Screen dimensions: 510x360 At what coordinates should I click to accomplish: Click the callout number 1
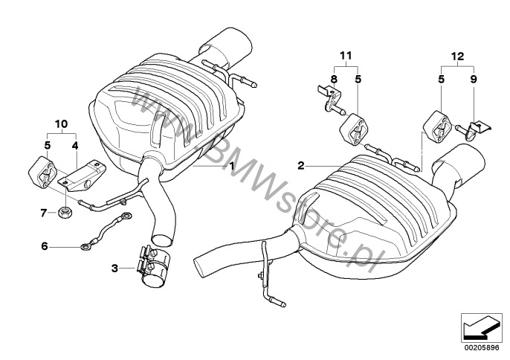coord(232,166)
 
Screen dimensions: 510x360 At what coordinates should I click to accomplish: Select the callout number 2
coord(301,166)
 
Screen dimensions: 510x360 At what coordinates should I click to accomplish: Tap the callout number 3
coord(114,269)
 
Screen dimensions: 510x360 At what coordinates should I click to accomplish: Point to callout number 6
coord(45,246)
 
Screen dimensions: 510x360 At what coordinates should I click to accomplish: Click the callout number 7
coord(44,213)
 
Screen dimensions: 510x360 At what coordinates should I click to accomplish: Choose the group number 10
coord(62,124)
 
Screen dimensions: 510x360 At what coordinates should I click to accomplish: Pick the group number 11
coord(346,56)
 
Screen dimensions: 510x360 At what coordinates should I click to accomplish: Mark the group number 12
coord(457,57)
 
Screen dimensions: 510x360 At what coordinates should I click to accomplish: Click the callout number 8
coord(335,79)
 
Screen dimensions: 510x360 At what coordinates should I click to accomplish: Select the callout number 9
coord(474,79)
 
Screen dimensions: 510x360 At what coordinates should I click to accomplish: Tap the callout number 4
coord(75,146)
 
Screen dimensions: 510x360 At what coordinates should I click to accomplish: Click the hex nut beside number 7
coord(65,213)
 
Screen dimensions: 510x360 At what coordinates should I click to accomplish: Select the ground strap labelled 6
coord(106,231)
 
